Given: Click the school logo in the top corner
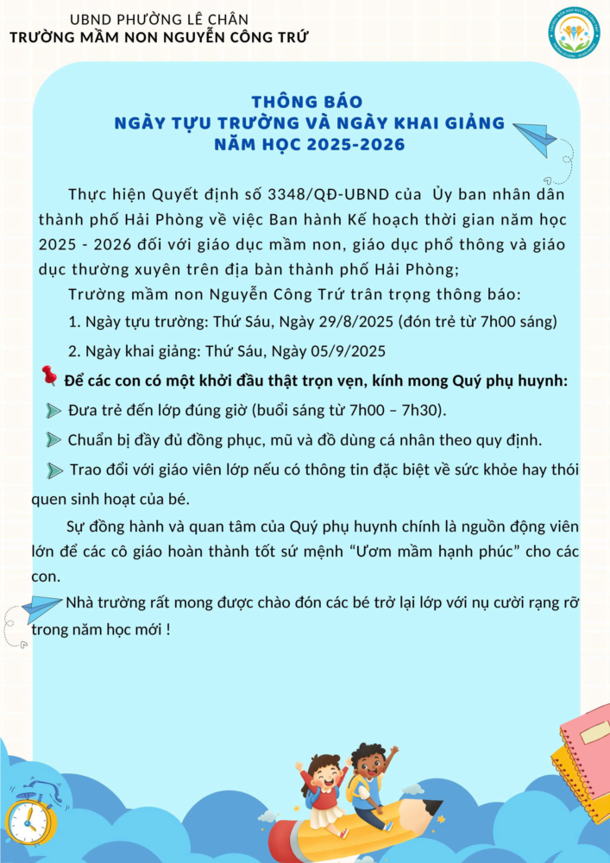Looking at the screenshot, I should [x=574, y=31].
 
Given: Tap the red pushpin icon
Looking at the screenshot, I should [x=48, y=375].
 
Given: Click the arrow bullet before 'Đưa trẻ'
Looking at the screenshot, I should [x=53, y=410].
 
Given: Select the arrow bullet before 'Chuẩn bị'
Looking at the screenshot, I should [x=53, y=440].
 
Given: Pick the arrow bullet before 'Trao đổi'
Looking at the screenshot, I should [x=55, y=470].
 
